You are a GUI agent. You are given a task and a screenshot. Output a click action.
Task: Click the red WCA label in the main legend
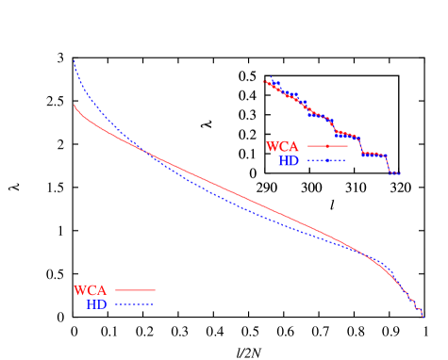click(x=91, y=291)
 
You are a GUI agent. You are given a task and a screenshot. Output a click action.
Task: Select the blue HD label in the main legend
click(x=97, y=304)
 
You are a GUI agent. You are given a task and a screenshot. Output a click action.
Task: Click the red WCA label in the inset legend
click(x=283, y=147)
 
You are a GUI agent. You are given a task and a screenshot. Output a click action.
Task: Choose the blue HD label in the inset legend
click(x=290, y=161)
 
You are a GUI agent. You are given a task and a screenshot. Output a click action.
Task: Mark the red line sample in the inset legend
click(x=326, y=146)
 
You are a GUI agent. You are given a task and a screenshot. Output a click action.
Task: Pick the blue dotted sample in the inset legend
click(x=326, y=161)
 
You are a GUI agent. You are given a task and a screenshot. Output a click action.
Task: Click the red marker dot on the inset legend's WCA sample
click(x=326, y=146)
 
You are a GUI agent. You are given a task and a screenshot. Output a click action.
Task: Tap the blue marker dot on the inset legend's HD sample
click(x=326, y=161)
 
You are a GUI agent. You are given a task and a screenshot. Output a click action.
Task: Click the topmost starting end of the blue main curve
click(x=74, y=62)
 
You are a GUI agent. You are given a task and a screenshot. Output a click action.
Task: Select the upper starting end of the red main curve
click(x=74, y=105)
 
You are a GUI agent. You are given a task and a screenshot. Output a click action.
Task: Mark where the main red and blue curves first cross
click(x=141, y=147)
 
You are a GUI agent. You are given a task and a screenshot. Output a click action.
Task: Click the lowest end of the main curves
click(x=422, y=317)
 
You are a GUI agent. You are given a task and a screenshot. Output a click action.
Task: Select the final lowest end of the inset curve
click(x=400, y=173)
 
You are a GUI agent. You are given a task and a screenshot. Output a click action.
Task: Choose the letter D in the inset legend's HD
click(x=294, y=161)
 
